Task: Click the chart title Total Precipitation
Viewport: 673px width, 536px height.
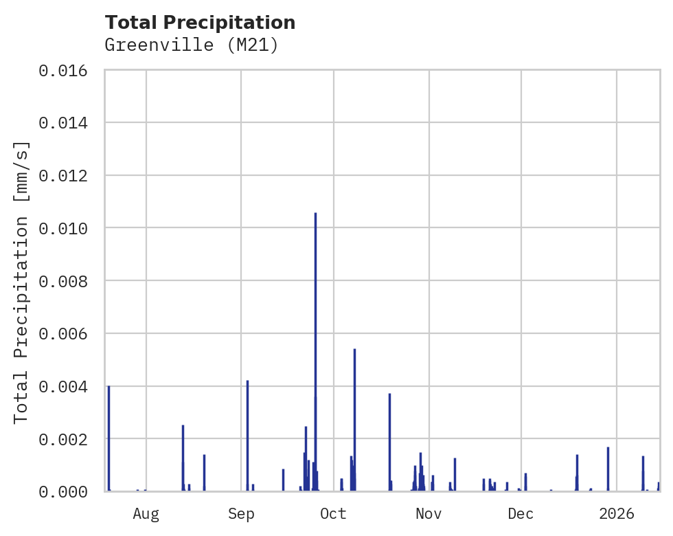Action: pos(200,23)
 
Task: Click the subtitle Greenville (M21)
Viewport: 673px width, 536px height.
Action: pos(191,45)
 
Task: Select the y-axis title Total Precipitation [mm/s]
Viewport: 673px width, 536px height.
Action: pos(22,282)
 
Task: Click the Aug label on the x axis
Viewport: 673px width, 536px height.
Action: pos(146,513)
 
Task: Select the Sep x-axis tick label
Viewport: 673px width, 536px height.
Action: pos(241,513)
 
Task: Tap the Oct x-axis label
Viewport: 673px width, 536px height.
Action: pos(333,513)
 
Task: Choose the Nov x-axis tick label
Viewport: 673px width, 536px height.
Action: pos(428,513)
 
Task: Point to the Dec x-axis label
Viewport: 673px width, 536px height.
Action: pos(521,513)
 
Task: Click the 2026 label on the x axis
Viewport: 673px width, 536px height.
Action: pos(617,513)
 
